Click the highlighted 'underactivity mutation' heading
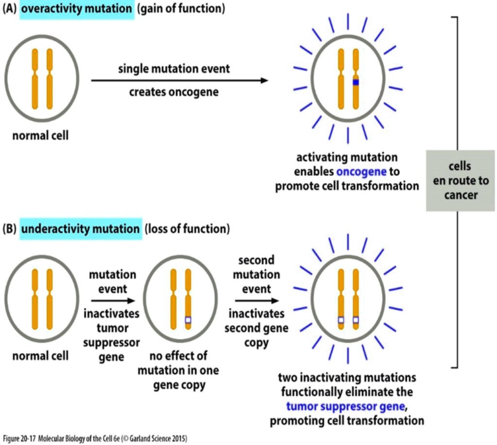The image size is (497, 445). pyautogui.click(x=80, y=229)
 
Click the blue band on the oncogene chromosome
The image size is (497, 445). pyautogui.click(x=355, y=83)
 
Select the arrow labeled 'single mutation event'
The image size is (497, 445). pyautogui.click(x=179, y=80)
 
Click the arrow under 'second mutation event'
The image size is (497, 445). pyautogui.click(x=257, y=300)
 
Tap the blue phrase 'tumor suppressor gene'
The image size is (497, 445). pyautogui.click(x=337, y=408)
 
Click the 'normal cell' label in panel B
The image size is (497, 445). pyautogui.click(x=40, y=356)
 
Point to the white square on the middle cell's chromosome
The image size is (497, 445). pyautogui.click(x=189, y=320)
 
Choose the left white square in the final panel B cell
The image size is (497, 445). pyautogui.click(x=340, y=320)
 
